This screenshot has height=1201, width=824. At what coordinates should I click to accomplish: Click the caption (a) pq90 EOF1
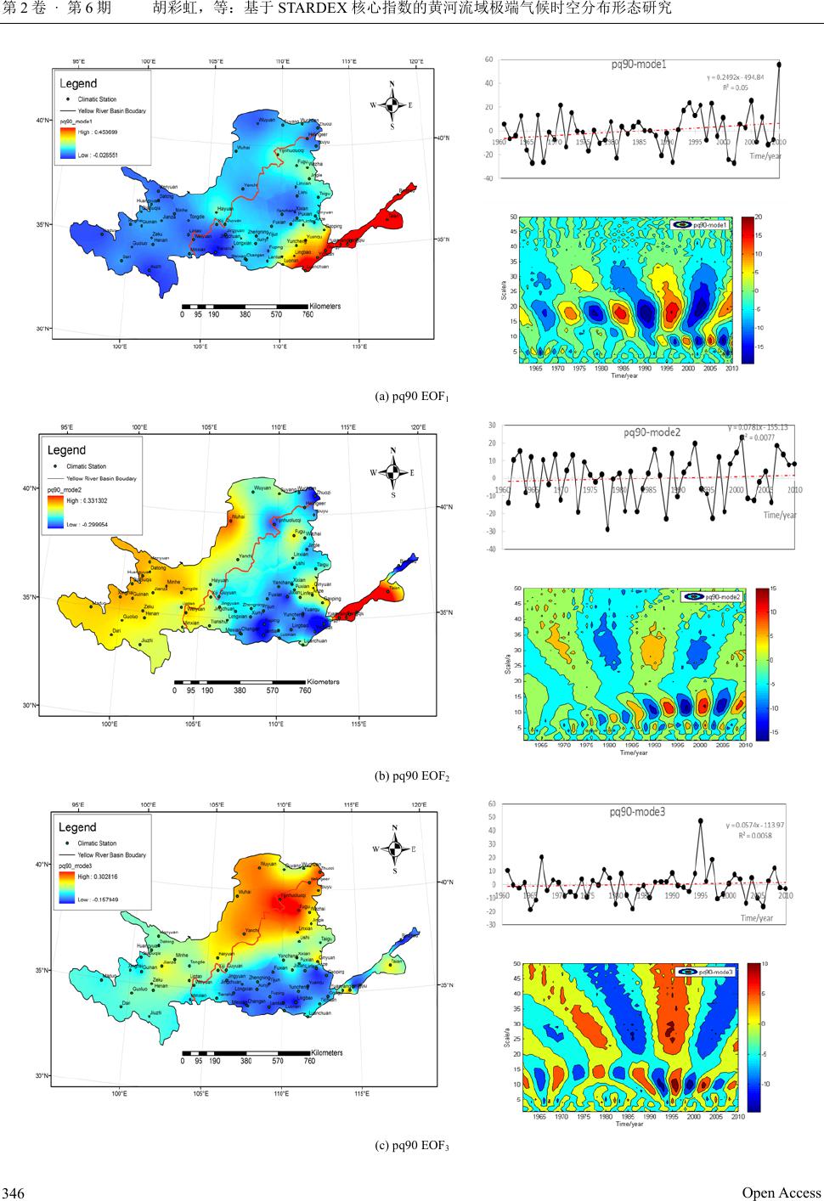[x=412, y=397]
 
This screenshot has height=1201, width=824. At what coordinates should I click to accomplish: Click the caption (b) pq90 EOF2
[x=412, y=775]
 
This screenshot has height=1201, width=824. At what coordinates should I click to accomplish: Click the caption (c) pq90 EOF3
[x=412, y=1146]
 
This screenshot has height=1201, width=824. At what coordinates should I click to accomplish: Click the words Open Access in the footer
[x=782, y=1193]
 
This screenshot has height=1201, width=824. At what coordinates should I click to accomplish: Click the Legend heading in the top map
[x=78, y=83]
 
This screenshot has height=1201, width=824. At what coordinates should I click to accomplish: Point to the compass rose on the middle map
[x=393, y=472]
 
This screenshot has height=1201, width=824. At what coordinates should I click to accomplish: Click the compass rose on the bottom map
[x=394, y=847]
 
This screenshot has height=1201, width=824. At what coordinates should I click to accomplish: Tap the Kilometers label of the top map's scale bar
[x=324, y=306]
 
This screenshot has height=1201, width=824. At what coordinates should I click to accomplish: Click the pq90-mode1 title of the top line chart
[x=639, y=65]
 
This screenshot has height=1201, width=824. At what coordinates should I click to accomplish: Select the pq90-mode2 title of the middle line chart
[x=652, y=432]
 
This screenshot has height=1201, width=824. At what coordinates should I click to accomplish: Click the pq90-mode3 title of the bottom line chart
[x=637, y=812]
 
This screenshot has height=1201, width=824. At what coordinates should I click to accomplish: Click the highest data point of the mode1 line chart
[x=779, y=64]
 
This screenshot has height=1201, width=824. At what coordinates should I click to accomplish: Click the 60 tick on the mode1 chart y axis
[x=489, y=59]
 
